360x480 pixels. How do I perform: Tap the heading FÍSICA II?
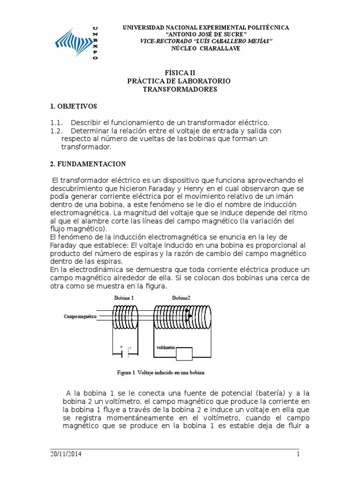[x=179, y=73]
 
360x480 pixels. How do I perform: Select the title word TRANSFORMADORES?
[x=180, y=89]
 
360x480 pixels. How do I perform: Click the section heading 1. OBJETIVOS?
[x=74, y=106]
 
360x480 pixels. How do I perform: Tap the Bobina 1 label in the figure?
[x=124, y=298]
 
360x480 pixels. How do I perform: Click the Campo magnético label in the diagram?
[x=80, y=317]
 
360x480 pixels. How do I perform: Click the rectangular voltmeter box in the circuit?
[x=184, y=354]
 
